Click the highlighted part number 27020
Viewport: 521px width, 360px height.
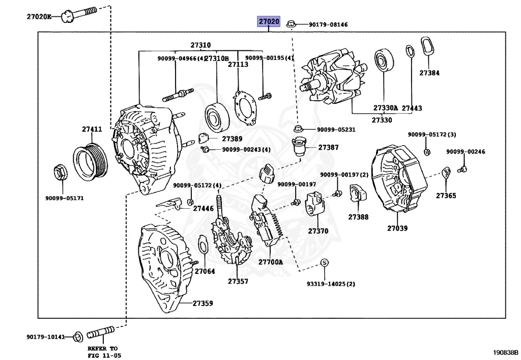pos(269,22)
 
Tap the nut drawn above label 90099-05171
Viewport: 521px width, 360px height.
pos(59,173)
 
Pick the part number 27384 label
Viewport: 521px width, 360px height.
pos(429,73)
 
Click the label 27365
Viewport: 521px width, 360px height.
pos(446,196)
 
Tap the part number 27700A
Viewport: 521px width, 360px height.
pos(270,262)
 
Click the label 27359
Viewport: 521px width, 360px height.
pos(202,303)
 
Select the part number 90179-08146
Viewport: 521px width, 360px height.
pos(329,24)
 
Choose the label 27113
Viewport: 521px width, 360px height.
pos(238,65)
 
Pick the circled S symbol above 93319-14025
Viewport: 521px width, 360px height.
pos(324,263)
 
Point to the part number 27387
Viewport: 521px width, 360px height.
pos(328,147)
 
